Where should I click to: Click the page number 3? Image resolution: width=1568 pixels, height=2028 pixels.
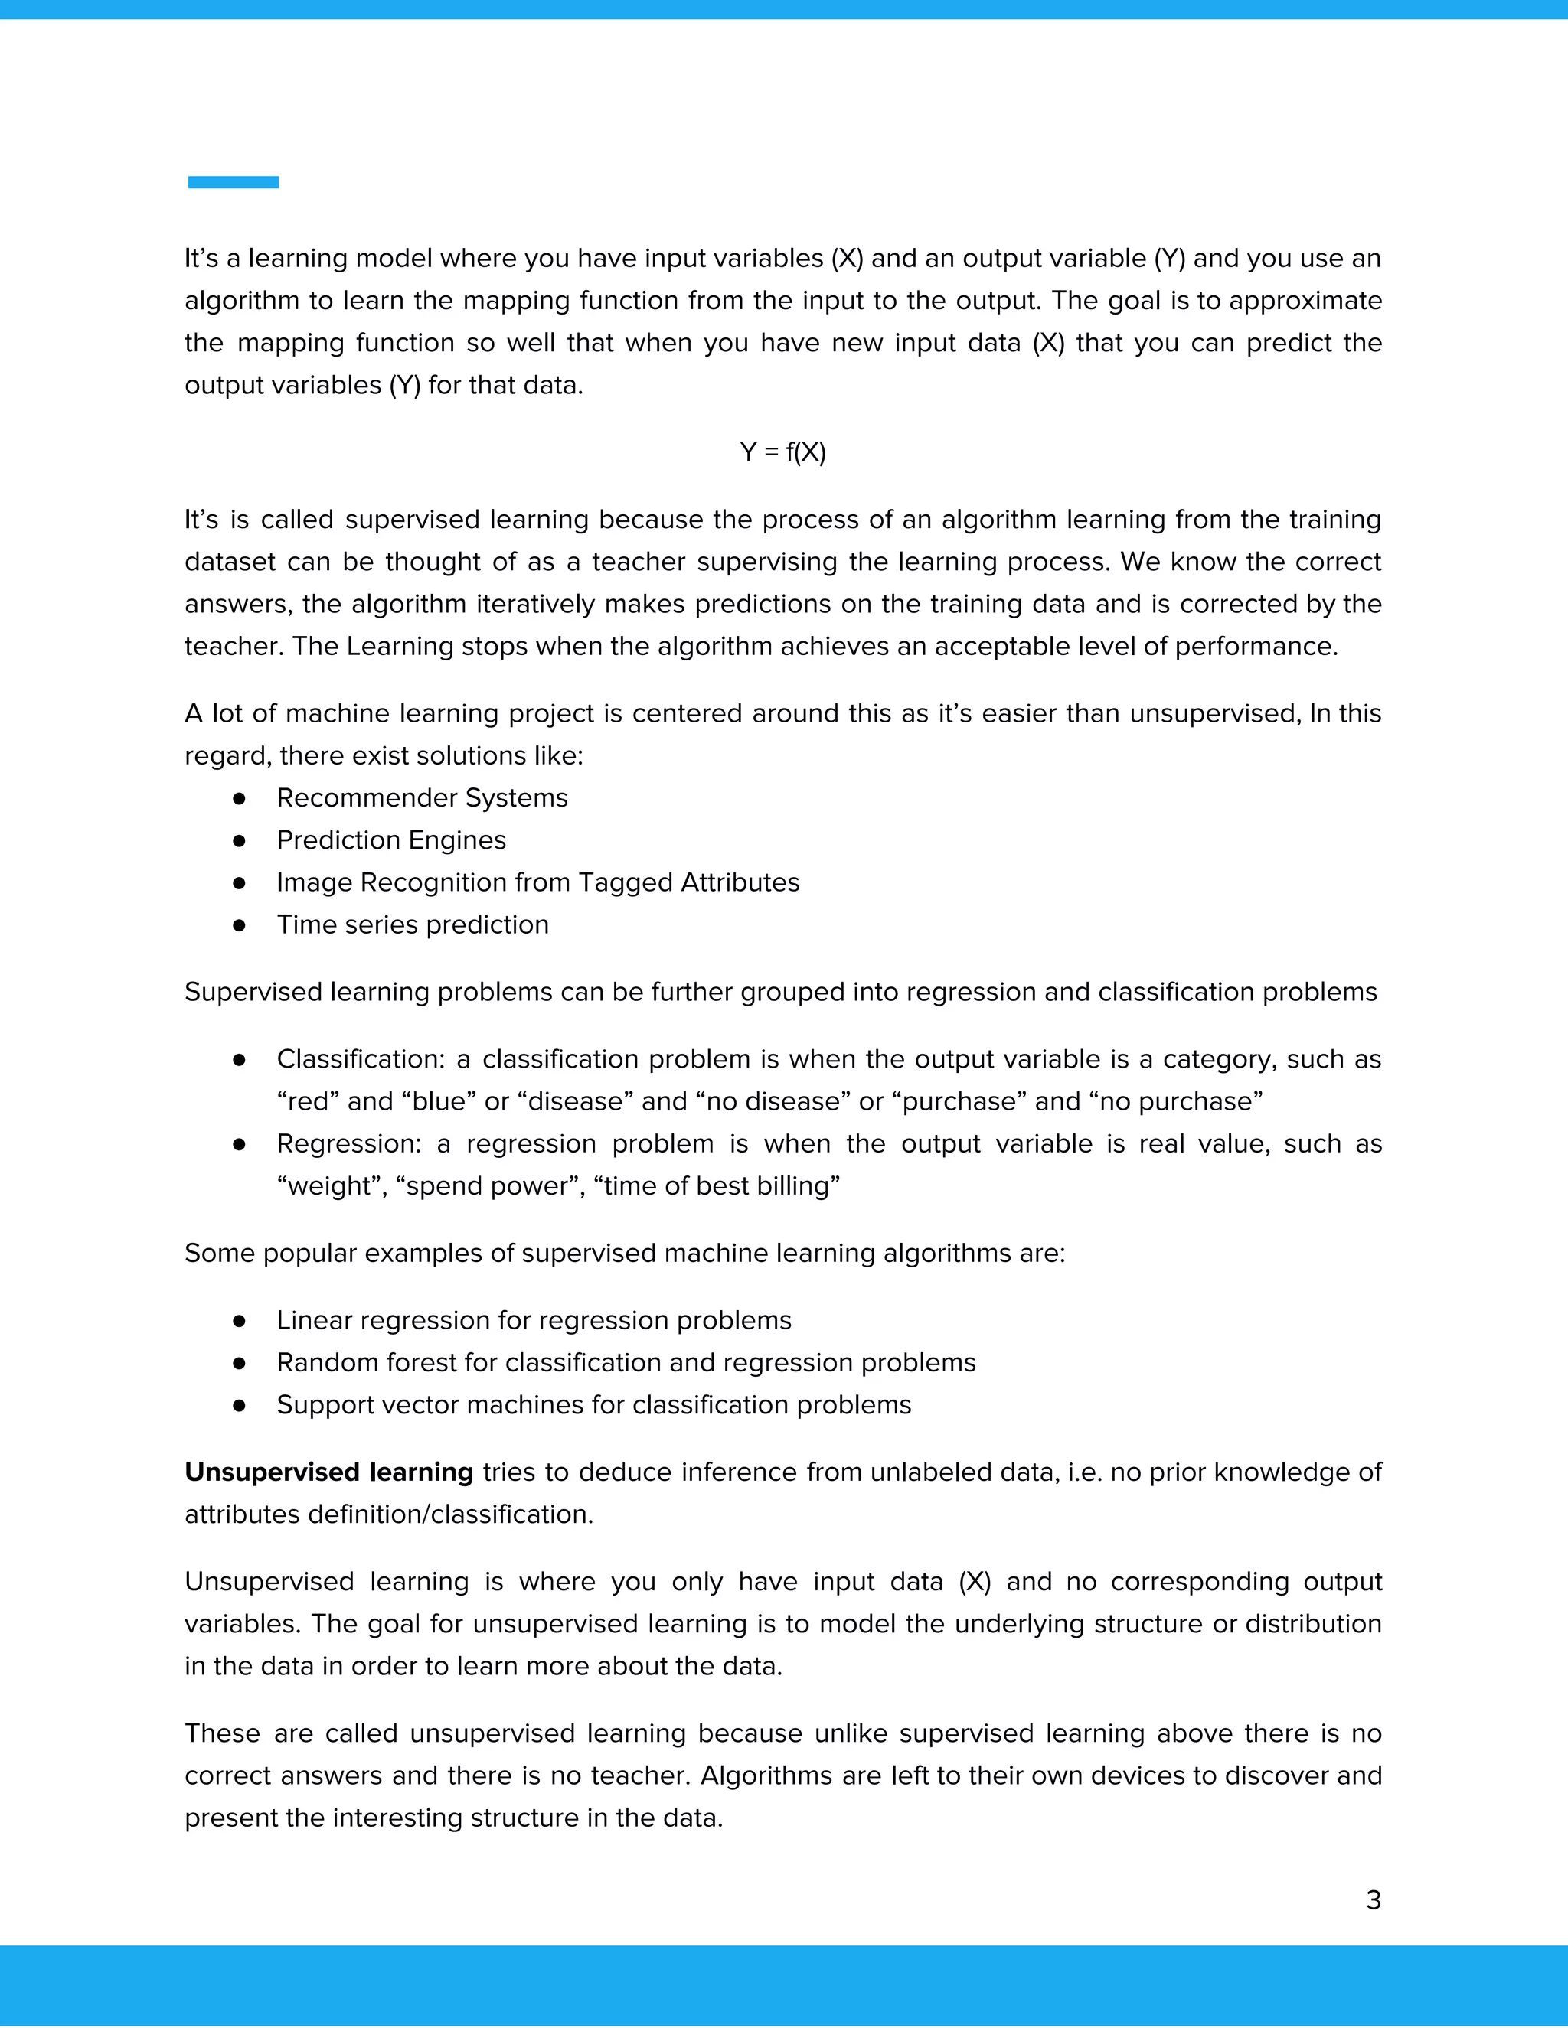point(1373,1900)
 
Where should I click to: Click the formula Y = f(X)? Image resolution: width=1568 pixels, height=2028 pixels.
point(783,452)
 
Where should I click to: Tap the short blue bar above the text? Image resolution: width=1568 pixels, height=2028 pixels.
point(234,182)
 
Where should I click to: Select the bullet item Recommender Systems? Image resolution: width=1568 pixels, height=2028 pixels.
point(422,797)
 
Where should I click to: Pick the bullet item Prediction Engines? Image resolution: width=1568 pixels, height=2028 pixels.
point(391,840)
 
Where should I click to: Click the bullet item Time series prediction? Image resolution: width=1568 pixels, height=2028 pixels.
point(413,925)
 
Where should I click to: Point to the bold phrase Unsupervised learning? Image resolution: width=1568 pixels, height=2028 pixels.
point(328,1472)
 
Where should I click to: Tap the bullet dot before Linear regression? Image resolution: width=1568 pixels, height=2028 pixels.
point(239,1320)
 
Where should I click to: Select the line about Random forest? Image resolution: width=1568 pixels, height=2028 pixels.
point(626,1362)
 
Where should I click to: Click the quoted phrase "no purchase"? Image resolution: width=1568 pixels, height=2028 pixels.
point(1175,1102)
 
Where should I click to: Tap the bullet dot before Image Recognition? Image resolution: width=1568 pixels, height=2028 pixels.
point(239,882)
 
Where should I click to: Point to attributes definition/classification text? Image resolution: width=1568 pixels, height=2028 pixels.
point(388,1514)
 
